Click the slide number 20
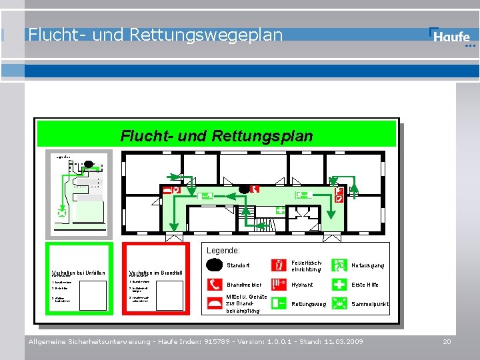click(x=447, y=341)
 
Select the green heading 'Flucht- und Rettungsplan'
click(x=216, y=136)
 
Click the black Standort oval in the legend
click(x=215, y=265)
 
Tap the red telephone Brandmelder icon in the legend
click(x=215, y=285)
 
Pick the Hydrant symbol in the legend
click(x=279, y=285)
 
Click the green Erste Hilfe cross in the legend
click(x=339, y=285)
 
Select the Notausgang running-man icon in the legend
click(x=339, y=265)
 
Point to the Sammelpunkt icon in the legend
click(x=339, y=304)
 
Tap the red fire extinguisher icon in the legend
click(x=279, y=265)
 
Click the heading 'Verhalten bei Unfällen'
click(x=79, y=272)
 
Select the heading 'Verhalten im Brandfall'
click(x=156, y=272)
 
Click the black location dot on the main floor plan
click(x=245, y=189)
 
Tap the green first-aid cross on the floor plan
click(x=280, y=210)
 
